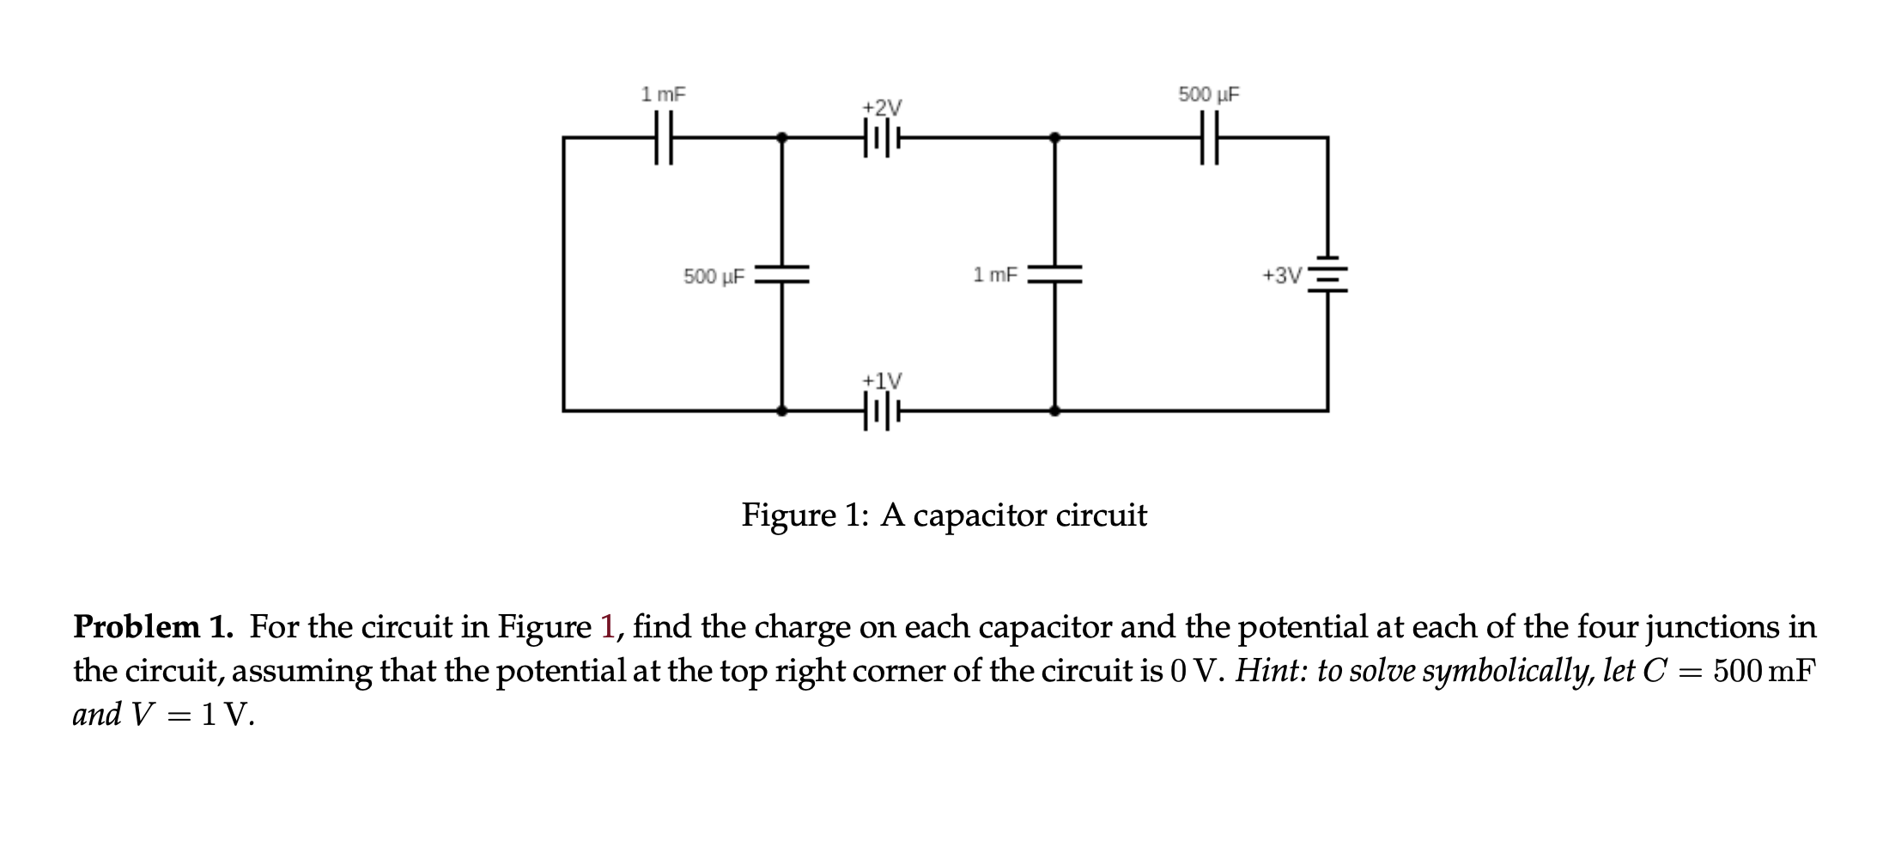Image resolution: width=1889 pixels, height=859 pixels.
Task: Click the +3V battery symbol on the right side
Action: pyautogui.click(x=1327, y=275)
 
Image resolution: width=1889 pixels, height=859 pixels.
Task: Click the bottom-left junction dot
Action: pyautogui.click(x=781, y=411)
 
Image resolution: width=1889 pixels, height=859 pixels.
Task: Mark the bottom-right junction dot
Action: pyautogui.click(x=1054, y=411)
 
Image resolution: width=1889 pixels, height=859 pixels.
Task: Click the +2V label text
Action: pyautogui.click(x=882, y=107)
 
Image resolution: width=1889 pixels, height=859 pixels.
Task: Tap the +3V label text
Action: pyautogui.click(x=1281, y=276)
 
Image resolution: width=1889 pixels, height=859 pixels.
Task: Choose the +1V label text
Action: pyautogui.click(x=882, y=381)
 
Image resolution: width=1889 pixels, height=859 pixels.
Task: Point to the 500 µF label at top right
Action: pyautogui.click(x=1209, y=94)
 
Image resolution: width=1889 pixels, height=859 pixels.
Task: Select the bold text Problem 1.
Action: pyautogui.click(x=153, y=627)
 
